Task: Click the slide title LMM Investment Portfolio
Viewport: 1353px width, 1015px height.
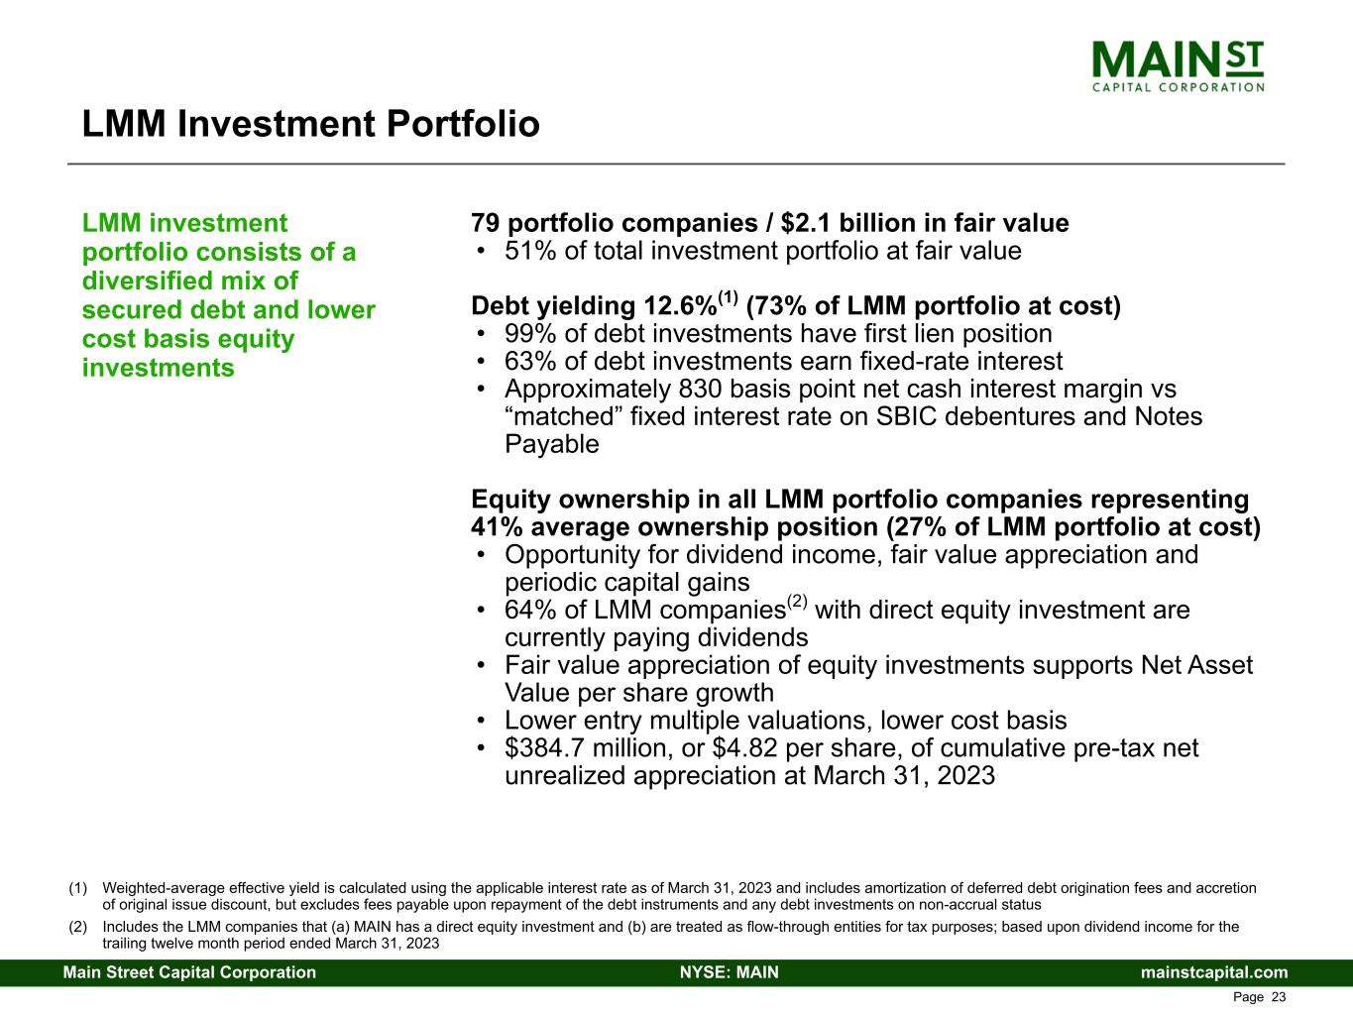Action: tap(310, 124)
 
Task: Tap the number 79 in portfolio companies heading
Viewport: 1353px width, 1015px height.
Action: tap(485, 223)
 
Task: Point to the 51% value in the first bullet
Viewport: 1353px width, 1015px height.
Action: tap(530, 251)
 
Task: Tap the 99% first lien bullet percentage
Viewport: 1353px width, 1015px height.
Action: tap(530, 334)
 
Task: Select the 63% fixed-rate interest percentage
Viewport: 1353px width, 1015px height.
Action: tap(530, 362)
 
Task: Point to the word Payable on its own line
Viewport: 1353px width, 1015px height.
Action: tap(552, 445)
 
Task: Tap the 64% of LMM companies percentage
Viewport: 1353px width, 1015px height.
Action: tap(530, 611)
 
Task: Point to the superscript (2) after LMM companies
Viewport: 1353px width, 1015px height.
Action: tap(797, 601)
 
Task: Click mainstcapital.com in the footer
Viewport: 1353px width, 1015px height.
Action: tap(1214, 972)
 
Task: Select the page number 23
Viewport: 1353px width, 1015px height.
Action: tap(1278, 997)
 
